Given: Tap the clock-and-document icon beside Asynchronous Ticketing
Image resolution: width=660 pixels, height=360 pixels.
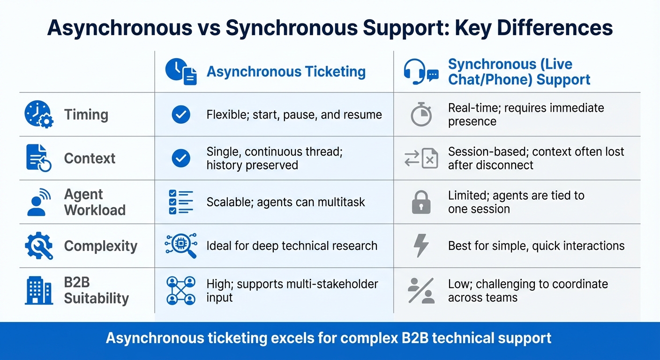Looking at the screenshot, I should click(181, 72).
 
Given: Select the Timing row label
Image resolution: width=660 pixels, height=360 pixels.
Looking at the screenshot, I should click(86, 115).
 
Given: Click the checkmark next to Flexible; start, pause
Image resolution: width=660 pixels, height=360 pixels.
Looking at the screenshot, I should click(181, 114).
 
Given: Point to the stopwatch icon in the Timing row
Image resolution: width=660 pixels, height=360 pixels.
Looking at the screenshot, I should click(420, 114).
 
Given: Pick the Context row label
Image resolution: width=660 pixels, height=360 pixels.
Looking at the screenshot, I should click(90, 158).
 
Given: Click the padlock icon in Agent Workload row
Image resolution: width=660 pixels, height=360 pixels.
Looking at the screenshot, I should click(420, 202).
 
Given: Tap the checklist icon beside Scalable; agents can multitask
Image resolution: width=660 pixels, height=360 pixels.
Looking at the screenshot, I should click(180, 202).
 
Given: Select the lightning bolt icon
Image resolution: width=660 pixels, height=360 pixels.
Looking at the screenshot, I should click(420, 246).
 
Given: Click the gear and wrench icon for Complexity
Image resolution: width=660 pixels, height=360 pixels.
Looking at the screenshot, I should click(38, 246).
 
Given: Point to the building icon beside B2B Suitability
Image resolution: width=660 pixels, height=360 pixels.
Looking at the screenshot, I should click(38, 291).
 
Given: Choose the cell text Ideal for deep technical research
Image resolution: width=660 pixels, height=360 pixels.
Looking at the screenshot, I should click(292, 246).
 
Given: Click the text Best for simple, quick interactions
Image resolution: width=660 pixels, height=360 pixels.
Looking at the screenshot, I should click(536, 246).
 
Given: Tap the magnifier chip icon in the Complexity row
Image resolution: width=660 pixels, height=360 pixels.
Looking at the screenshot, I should click(181, 246).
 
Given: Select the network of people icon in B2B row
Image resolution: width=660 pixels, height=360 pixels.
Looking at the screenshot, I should click(181, 290).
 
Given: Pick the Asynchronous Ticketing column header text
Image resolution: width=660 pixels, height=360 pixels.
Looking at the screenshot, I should click(286, 72).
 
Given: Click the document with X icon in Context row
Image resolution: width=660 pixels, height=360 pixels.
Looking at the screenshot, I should click(420, 158).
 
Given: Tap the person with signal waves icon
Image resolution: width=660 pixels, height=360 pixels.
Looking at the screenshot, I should click(38, 202).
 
